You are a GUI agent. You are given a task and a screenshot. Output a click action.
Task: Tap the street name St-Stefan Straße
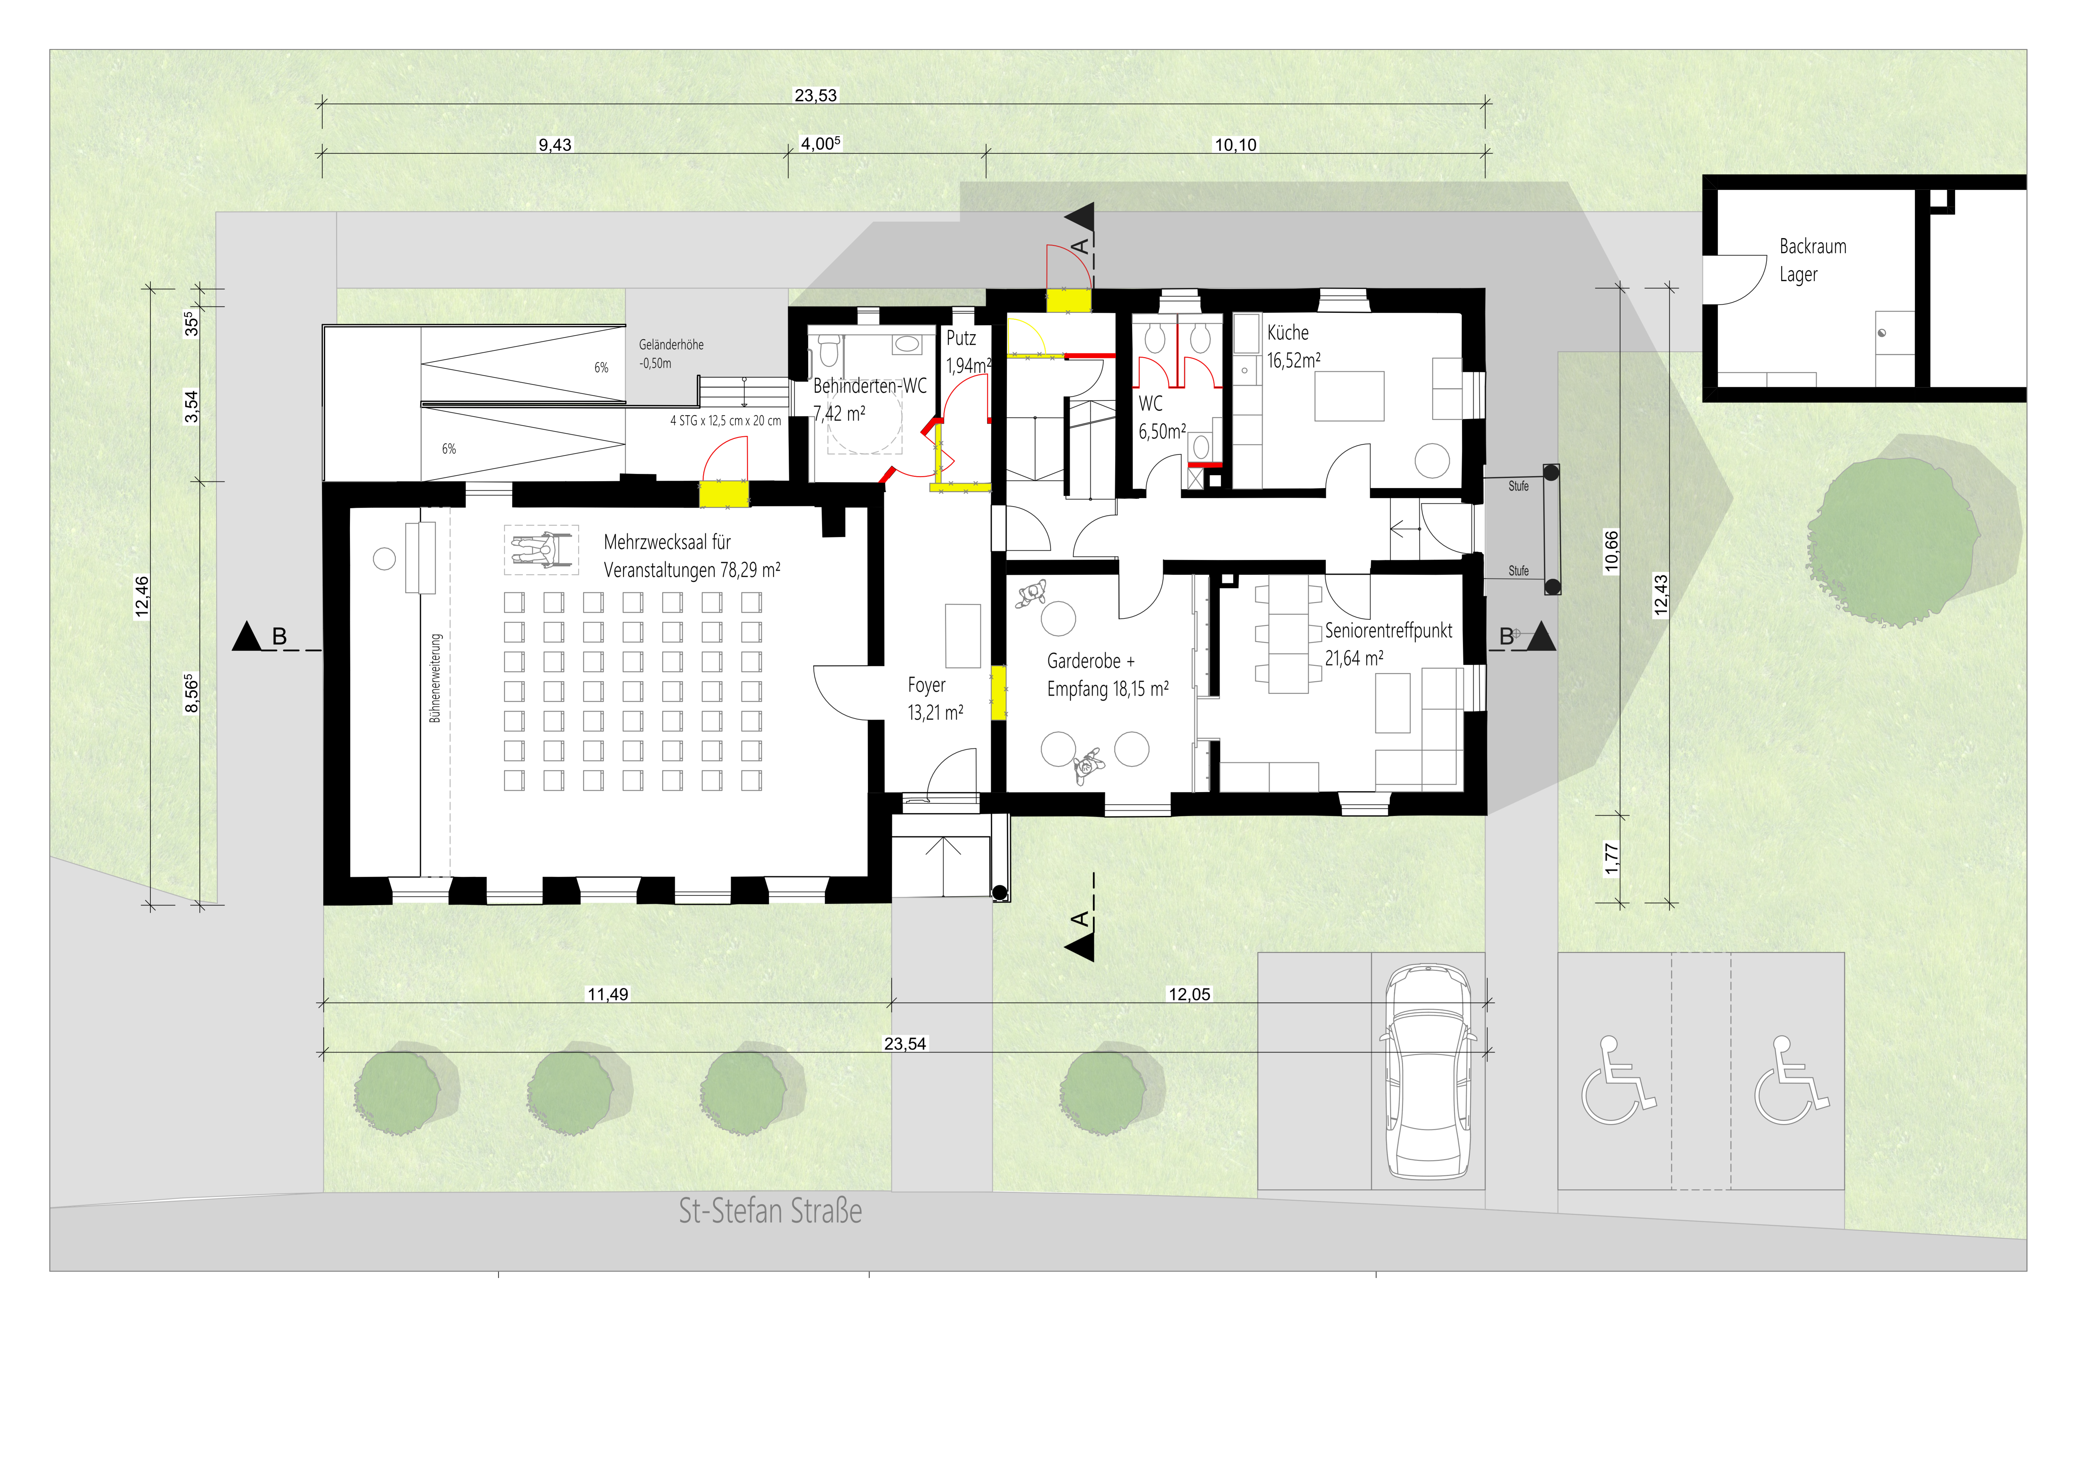pyautogui.click(x=770, y=1210)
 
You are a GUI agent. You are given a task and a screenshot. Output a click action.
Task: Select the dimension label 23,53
pyautogui.click(x=816, y=95)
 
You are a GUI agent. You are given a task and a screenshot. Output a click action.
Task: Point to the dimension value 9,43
pyautogui.click(x=555, y=145)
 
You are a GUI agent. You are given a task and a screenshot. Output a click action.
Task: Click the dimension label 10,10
pyautogui.click(x=1235, y=145)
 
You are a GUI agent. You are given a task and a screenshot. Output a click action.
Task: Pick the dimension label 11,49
pyautogui.click(x=608, y=994)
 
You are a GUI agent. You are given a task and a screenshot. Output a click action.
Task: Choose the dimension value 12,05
pyautogui.click(x=1189, y=994)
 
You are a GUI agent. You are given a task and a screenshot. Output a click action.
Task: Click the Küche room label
pyautogui.click(x=1288, y=333)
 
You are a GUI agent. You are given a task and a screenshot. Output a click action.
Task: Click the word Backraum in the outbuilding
pyautogui.click(x=1813, y=246)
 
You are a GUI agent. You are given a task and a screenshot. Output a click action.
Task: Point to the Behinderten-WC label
pyautogui.click(x=870, y=386)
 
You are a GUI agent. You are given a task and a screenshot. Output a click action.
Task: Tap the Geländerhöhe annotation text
pyautogui.click(x=671, y=344)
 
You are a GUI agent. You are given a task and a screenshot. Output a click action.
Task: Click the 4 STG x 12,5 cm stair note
pyautogui.click(x=725, y=420)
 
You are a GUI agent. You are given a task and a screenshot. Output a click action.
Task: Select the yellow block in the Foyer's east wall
pyautogui.click(x=999, y=693)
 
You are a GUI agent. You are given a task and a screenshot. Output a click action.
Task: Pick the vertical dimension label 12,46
pyautogui.click(x=142, y=597)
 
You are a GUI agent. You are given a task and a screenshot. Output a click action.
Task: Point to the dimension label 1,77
pyautogui.click(x=1611, y=859)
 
